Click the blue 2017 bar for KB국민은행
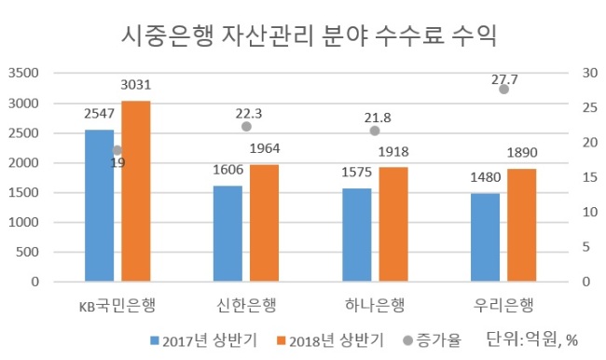click(100, 205)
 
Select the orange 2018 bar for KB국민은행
click(136, 191)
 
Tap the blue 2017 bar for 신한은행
click(227, 233)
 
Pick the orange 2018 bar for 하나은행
click(393, 224)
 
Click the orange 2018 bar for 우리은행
click(522, 225)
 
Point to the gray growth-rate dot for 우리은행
click(503, 90)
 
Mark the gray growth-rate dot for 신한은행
click(246, 127)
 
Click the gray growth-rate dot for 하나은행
click(375, 131)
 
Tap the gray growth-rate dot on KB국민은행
click(117, 150)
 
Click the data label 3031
click(136, 85)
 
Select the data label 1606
click(228, 170)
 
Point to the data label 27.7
click(504, 79)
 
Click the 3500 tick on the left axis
click(24, 73)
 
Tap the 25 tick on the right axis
click(590, 107)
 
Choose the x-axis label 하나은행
click(375, 305)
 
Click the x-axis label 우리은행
click(503, 305)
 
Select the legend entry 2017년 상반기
click(203, 340)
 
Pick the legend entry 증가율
click(432, 340)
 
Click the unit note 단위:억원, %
click(531, 339)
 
